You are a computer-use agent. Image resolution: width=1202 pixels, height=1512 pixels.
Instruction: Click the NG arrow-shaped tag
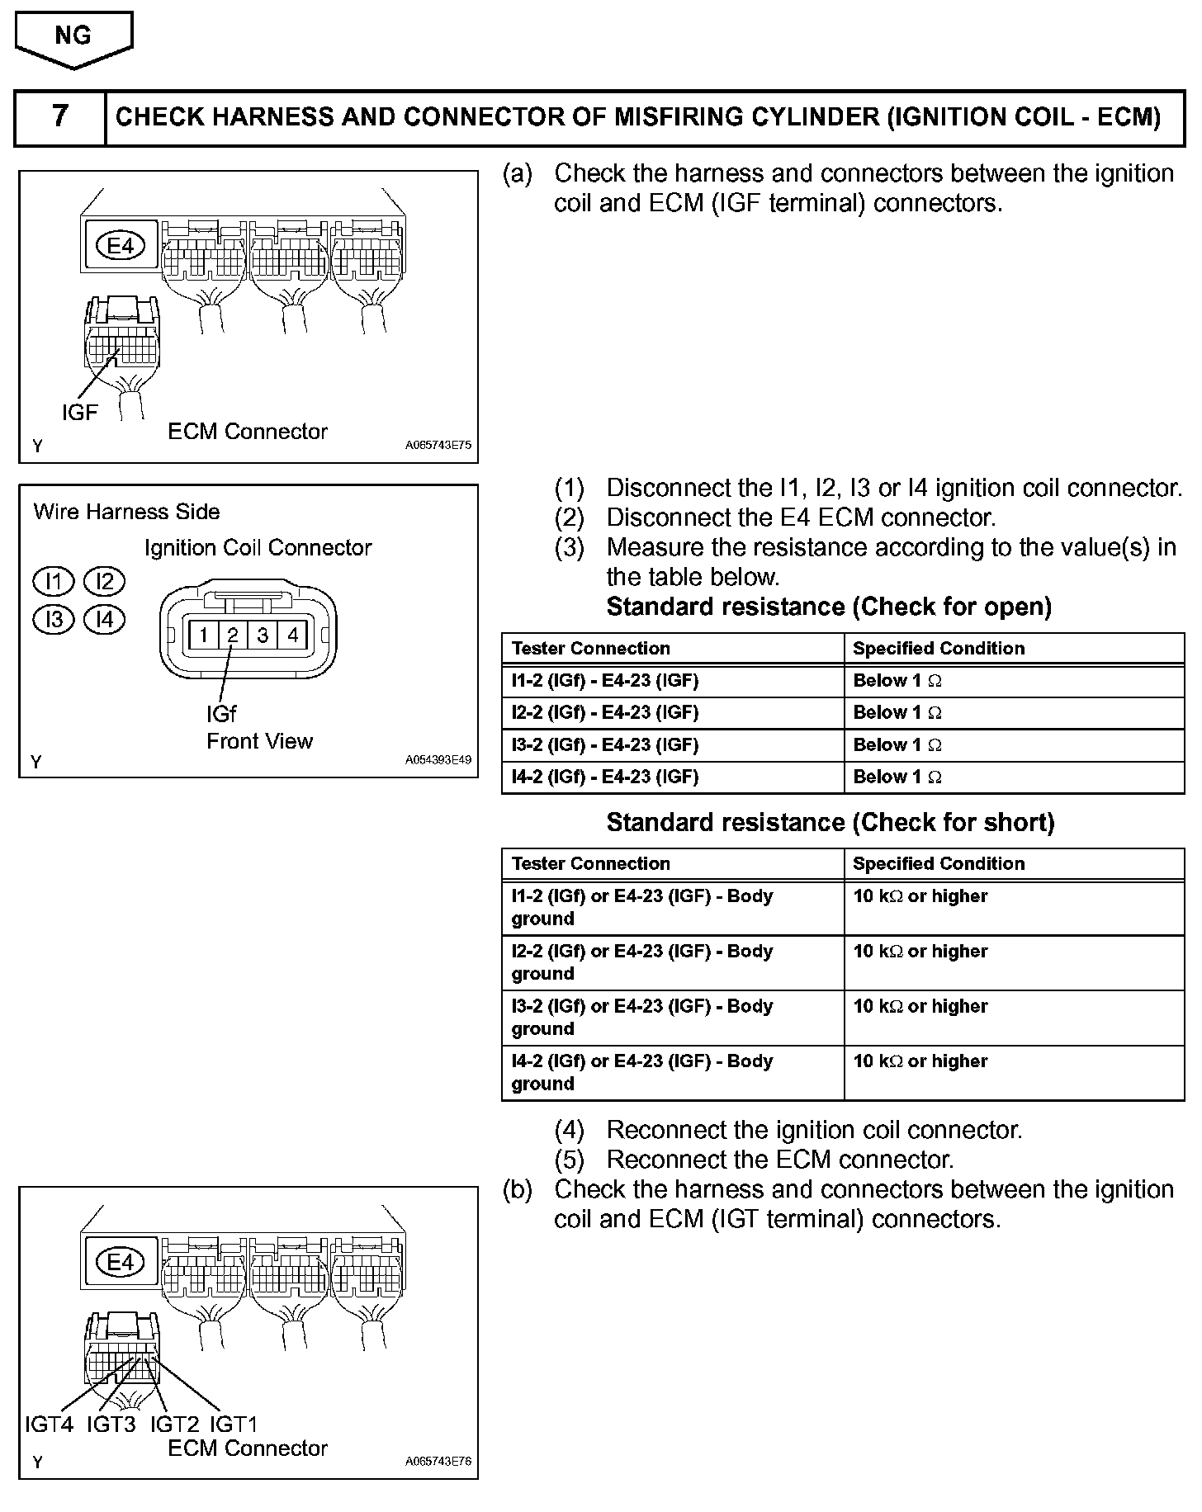73,38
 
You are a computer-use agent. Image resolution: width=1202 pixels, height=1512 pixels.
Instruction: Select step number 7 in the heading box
60,116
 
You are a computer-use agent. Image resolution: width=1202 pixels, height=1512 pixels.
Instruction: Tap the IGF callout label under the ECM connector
79,412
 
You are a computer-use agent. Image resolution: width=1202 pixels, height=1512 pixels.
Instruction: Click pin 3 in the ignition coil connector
263,635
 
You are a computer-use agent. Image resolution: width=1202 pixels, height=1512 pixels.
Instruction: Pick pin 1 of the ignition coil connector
203,635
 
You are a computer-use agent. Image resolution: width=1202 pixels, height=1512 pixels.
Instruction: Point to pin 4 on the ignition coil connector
292,635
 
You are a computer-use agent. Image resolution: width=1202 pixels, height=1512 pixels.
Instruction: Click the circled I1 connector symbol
54,582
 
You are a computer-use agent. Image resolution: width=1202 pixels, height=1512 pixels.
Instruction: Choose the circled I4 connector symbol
105,619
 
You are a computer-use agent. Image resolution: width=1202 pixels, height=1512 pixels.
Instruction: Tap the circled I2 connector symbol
105,582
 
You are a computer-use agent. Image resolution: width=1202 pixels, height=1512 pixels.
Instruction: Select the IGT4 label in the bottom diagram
49,1424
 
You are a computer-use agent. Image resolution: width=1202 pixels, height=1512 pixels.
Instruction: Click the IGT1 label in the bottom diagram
234,1424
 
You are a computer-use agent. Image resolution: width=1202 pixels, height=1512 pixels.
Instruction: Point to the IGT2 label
174,1424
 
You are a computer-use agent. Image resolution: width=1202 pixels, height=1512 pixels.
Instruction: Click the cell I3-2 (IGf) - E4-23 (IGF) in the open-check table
605,745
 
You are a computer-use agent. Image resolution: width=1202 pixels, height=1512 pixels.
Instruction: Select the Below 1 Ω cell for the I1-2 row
897,681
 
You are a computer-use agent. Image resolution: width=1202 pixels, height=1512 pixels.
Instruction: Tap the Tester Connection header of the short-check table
591,864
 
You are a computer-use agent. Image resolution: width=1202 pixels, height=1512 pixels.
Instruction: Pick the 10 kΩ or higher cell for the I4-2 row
920,1061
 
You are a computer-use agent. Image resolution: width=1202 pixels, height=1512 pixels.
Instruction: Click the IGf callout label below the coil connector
221,713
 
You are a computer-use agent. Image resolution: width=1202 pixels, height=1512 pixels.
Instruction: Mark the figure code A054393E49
438,760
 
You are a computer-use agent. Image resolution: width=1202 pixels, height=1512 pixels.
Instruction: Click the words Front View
259,741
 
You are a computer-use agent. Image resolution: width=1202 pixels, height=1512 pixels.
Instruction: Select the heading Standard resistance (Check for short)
831,822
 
